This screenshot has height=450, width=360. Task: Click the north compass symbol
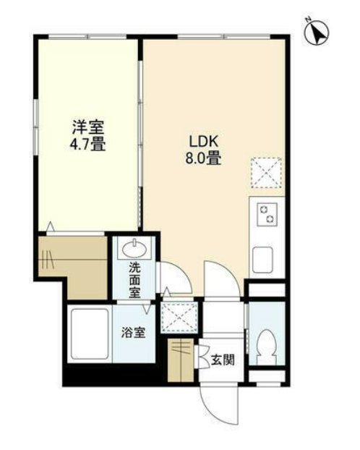point(317,33)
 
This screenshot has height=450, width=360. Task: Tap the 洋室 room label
point(88,127)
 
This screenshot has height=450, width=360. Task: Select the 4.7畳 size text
point(87,144)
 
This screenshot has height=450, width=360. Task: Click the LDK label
point(203,141)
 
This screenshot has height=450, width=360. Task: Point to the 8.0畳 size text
point(203,158)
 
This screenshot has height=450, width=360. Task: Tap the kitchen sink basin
point(262,260)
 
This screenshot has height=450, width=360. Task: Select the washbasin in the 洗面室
point(134,249)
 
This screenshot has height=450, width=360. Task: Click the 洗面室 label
point(134,281)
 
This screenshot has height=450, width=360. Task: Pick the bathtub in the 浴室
point(90,334)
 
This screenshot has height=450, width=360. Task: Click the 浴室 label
point(134,333)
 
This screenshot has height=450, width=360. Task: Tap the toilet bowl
point(267,347)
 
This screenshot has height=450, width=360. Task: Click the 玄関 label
point(223,360)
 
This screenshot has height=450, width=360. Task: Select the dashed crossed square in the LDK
point(267,173)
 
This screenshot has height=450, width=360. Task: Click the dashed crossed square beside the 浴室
point(180,317)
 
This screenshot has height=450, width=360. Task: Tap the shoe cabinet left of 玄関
point(181,360)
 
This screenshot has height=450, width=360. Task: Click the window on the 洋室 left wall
point(36,127)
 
